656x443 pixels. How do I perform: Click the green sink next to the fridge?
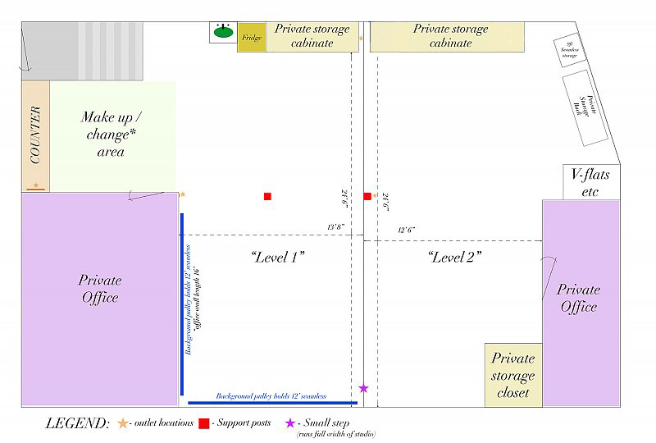click(x=222, y=33)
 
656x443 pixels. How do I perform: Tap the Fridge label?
click(x=252, y=38)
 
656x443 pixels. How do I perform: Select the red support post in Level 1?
click(x=267, y=196)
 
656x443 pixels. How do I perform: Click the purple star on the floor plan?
click(x=363, y=388)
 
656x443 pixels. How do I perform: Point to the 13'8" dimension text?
click(x=335, y=226)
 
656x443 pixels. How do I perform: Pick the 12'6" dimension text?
click(x=407, y=231)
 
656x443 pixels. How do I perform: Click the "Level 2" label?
click(x=454, y=257)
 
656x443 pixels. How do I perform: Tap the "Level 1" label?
click(x=277, y=257)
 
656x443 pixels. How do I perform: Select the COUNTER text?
click(x=35, y=135)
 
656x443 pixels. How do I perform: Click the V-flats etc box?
click(x=590, y=182)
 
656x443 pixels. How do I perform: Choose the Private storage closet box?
click(x=513, y=375)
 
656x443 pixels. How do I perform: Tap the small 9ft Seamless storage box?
click(x=570, y=51)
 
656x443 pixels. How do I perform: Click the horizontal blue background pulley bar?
click(x=272, y=403)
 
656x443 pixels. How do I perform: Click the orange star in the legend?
click(x=123, y=423)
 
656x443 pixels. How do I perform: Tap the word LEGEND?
click(x=77, y=423)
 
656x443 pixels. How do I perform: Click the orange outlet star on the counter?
click(x=35, y=185)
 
